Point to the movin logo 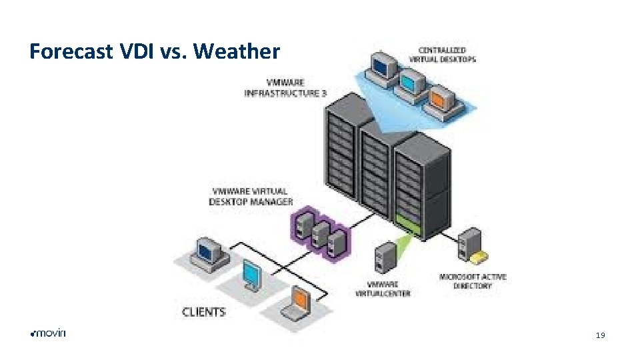click(x=49, y=333)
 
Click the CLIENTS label click(x=204, y=311)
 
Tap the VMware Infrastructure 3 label click(x=285, y=89)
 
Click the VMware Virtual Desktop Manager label click(x=251, y=196)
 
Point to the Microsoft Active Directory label click(x=473, y=281)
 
